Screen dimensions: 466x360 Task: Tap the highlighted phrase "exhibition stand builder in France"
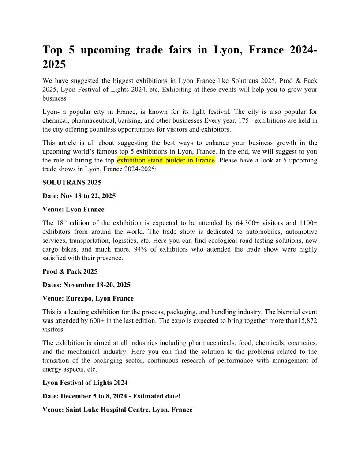click(166, 160)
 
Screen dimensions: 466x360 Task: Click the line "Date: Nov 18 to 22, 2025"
click(79, 195)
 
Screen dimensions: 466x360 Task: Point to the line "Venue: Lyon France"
click(73, 209)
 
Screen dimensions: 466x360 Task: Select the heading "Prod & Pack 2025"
click(70, 271)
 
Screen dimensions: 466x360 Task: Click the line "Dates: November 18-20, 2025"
click(86, 285)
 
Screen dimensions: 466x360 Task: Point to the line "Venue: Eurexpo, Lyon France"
click(88, 298)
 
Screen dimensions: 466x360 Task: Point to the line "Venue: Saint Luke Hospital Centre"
click(117, 410)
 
